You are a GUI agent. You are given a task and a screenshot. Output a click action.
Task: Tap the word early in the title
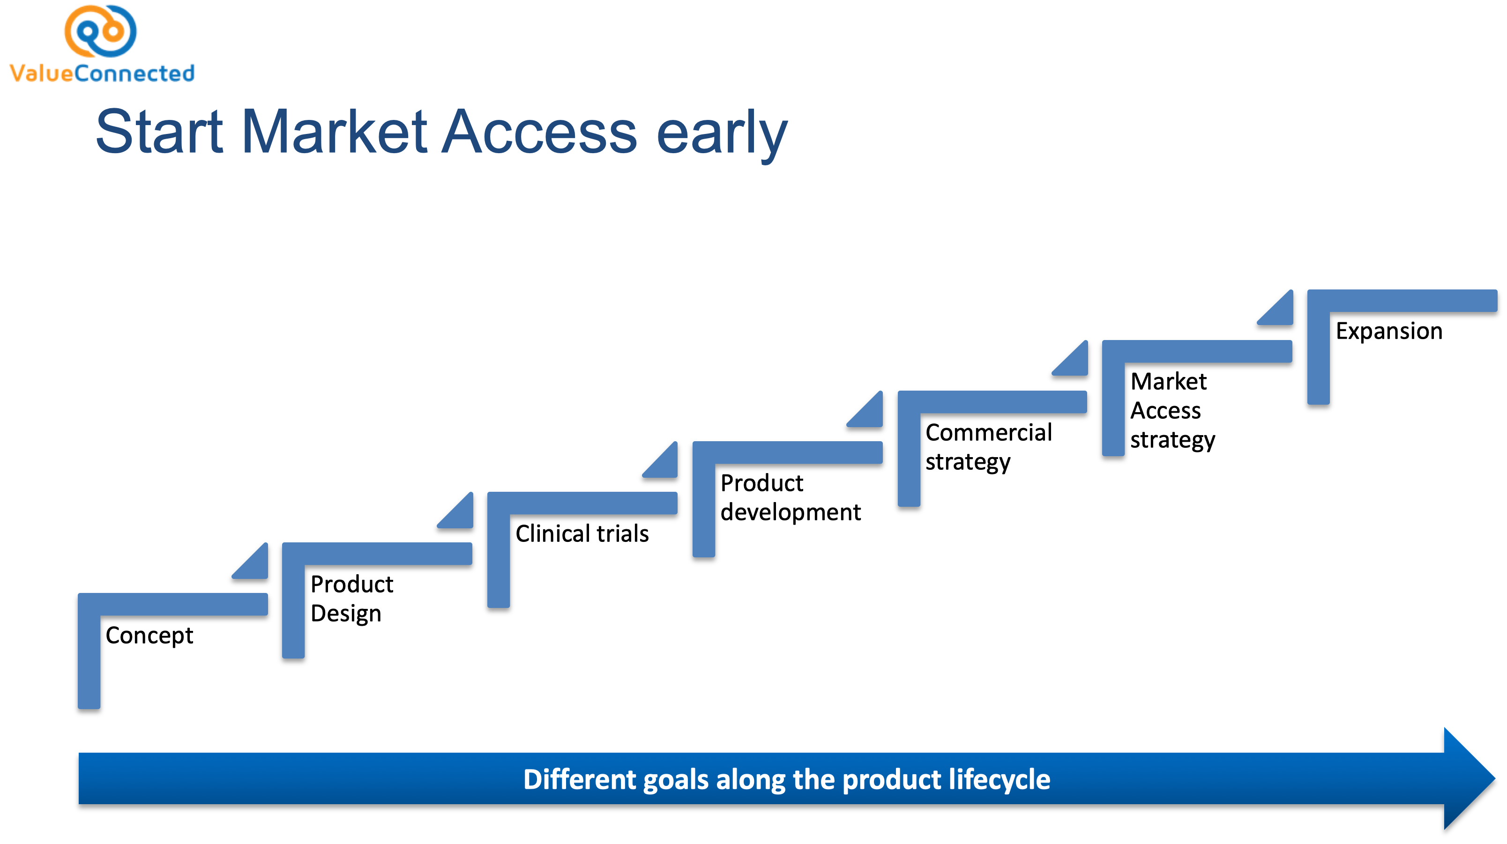[x=722, y=133]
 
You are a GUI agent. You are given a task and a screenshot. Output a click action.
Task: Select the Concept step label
[x=149, y=635]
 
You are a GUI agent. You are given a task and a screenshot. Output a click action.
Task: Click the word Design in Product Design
[x=346, y=614]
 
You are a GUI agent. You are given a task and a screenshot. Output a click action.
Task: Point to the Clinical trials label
[x=582, y=533]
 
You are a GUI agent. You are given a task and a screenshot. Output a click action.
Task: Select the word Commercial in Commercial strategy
[x=988, y=433]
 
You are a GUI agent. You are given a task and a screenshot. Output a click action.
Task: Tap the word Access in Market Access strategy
[x=1165, y=411]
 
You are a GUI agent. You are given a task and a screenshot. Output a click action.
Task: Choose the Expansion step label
[x=1388, y=331]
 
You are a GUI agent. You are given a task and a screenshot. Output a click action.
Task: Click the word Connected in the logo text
[x=134, y=74]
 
